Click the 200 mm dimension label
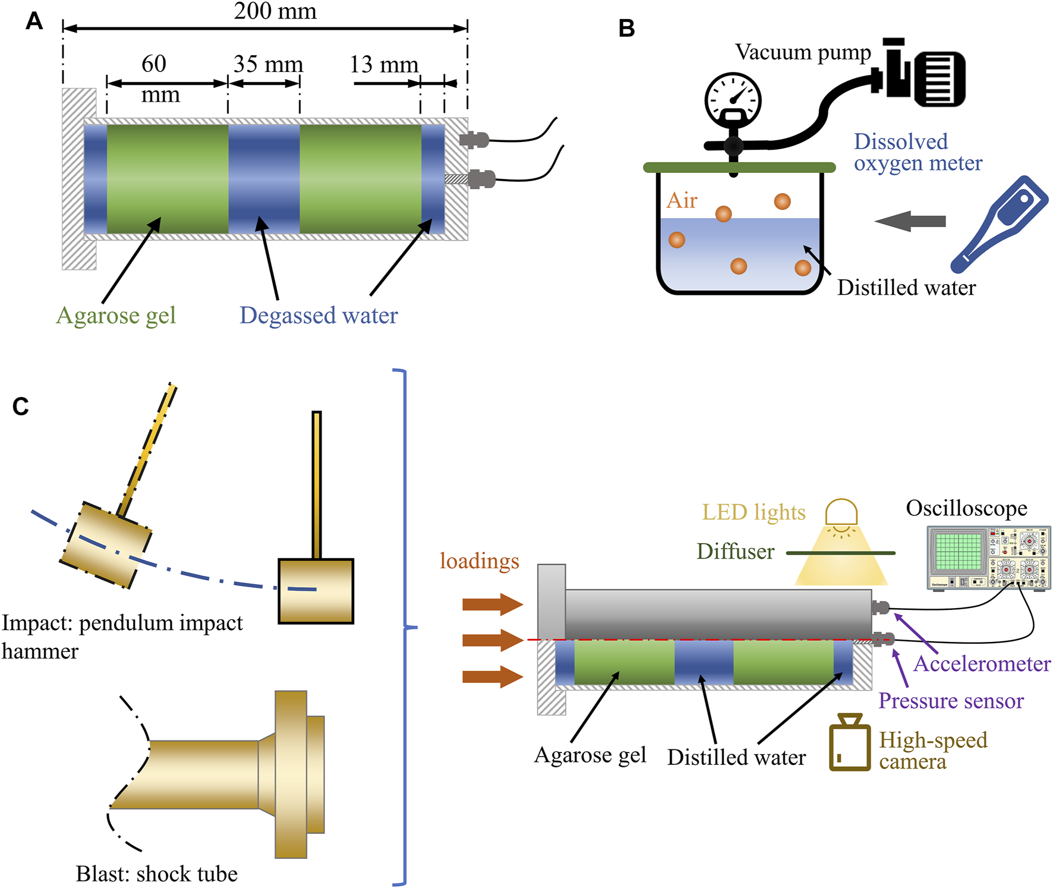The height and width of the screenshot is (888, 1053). [x=275, y=11]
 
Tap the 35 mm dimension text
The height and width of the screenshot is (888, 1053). [x=268, y=64]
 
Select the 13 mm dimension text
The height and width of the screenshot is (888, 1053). [x=384, y=64]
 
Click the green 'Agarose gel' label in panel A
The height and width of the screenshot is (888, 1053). [x=116, y=316]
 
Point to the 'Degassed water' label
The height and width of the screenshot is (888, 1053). [x=319, y=316]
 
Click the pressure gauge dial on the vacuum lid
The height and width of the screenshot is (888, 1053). [x=733, y=99]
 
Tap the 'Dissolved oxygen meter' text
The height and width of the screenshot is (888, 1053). [x=918, y=152]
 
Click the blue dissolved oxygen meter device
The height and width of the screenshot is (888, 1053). [x=1001, y=223]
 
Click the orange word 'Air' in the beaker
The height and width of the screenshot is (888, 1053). [x=682, y=201]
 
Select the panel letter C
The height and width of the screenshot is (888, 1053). [x=20, y=407]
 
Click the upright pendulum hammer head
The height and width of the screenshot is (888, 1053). [x=316, y=591]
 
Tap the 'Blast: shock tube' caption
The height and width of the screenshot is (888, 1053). [x=156, y=874]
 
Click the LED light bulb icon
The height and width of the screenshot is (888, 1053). [x=841, y=515]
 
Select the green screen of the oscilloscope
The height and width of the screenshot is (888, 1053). [x=958, y=551]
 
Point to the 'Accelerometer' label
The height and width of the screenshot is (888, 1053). [x=982, y=664]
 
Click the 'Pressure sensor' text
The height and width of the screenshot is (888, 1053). [x=951, y=701]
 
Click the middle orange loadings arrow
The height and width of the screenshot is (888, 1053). [x=492, y=640]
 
